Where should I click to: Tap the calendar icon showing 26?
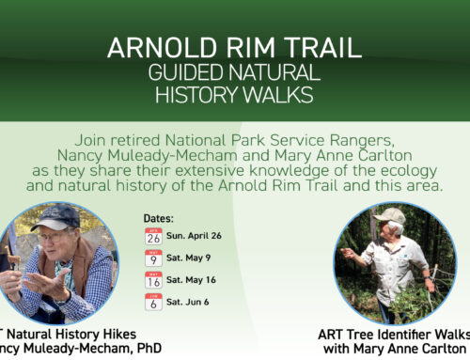(x=153, y=237)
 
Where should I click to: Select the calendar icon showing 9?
(x=153, y=258)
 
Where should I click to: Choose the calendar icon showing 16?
(x=153, y=280)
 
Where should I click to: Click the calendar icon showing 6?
(x=153, y=302)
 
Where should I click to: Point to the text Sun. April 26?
(x=199, y=237)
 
